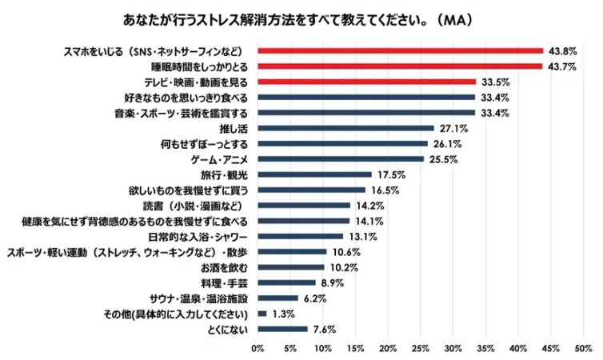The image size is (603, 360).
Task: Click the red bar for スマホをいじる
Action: (x=400, y=50)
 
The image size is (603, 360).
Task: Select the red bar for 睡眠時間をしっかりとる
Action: (x=400, y=66)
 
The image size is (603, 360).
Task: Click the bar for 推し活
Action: (x=345, y=128)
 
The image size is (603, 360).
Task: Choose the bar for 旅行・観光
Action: (x=314, y=174)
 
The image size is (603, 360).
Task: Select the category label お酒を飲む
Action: (x=232, y=267)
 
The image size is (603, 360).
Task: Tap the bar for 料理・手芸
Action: (x=286, y=282)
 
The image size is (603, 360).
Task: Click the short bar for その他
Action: (x=262, y=314)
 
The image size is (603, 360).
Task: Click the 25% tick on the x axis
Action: (x=420, y=349)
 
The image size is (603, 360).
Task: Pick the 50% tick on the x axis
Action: (x=583, y=349)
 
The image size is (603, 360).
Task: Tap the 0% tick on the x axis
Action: (x=258, y=349)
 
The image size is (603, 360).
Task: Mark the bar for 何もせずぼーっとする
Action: (x=342, y=144)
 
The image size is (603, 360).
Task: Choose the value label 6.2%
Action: (x=313, y=298)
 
